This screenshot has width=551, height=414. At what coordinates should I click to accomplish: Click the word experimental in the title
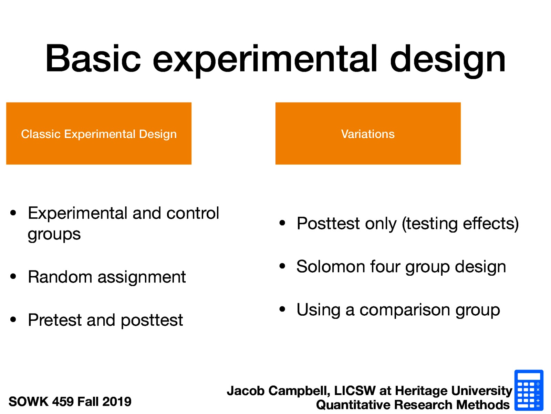tap(265, 59)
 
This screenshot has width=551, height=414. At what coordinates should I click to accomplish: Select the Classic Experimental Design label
tap(99, 134)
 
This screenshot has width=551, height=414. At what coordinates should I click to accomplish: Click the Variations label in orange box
tap(368, 134)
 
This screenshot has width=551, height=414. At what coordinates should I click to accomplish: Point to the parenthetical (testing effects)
tap(460, 224)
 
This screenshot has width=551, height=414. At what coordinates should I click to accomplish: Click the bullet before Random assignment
tap(13, 276)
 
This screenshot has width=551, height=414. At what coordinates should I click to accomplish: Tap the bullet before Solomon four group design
tap(282, 266)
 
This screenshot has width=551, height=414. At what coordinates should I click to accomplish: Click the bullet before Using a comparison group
tap(282, 309)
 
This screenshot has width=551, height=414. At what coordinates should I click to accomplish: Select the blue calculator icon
tap(529, 390)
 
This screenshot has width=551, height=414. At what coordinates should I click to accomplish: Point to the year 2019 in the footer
tap(117, 402)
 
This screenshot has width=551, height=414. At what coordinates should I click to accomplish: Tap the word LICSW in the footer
tap(355, 391)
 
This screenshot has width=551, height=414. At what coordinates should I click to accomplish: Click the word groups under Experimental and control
tap(54, 235)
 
